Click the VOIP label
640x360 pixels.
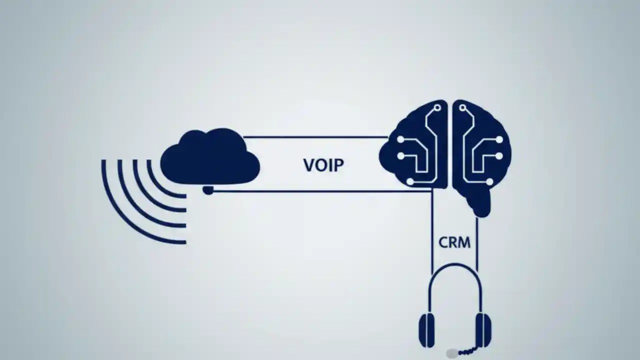[x=323, y=165]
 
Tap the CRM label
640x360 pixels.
[x=454, y=242]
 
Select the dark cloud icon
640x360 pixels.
[x=210, y=157]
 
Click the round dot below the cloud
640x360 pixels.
[x=208, y=190]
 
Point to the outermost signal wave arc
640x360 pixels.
[x=120, y=215]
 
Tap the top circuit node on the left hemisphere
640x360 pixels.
[x=438, y=107]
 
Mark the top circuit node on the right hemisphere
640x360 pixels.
[x=462, y=107]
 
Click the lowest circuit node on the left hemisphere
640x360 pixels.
[x=410, y=181]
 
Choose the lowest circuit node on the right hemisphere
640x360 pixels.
[x=489, y=181]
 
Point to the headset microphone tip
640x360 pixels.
[x=451, y=353]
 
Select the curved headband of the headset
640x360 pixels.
[x=455, y=272]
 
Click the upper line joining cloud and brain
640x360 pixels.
[x=315, y=136]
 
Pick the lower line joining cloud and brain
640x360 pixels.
[x=320, y=190]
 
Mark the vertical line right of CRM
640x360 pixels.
[x=476, y=245]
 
